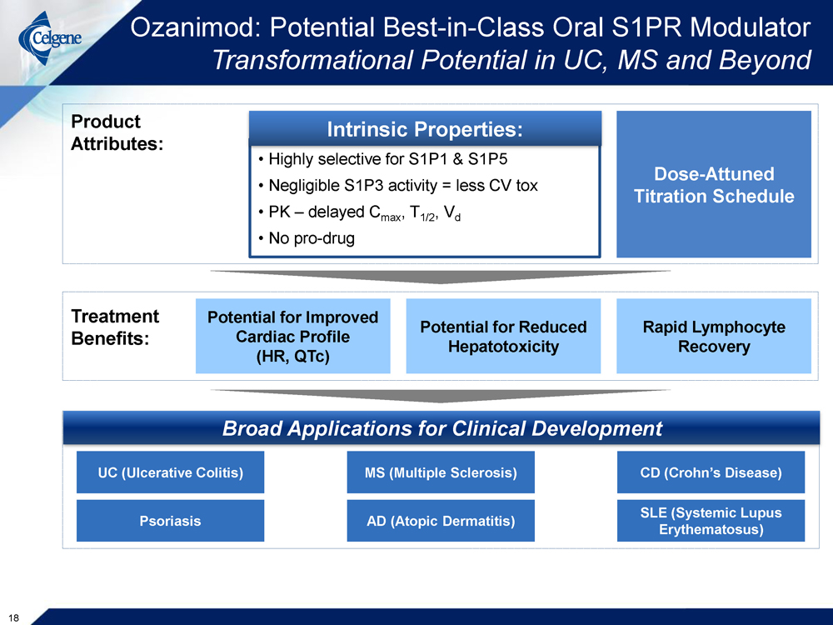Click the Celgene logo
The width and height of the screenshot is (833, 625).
(x=50, y=38)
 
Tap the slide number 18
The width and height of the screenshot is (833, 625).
(x=14, y=617)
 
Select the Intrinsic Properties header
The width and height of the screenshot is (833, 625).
(x=425, y=129)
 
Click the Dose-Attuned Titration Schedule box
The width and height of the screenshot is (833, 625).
(x=714, y=184)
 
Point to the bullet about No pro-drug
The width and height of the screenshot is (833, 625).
(x=307, y=238)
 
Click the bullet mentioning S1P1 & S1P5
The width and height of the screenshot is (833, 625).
(x=382, y=159)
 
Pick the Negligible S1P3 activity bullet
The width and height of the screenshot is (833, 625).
(x=398, y=186)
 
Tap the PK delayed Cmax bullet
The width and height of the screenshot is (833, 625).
(x=359, y=212)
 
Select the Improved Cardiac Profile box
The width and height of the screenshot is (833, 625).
(x=292, y=336)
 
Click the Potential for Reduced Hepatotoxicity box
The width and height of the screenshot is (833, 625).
(x=503, y=336)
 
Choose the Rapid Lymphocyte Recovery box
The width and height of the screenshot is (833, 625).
(x=714, y=336)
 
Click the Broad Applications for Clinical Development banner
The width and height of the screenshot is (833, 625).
(x=441, y=427)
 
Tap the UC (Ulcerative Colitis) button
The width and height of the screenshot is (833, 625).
(x=170, y=472)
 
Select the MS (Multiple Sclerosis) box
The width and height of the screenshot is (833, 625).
(x=441, y=472)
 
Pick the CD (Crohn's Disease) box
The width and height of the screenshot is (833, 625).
(x=711, y=472)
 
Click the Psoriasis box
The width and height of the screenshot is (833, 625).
(x=170, y=520)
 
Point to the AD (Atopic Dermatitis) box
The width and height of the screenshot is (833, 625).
(x=441, y=520)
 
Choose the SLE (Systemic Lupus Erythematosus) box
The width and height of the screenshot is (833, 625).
(x=711, y=520)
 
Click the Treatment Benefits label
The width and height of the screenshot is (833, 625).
(x=115, y=327)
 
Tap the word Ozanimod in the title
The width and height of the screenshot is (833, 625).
(x=197, y=27)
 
